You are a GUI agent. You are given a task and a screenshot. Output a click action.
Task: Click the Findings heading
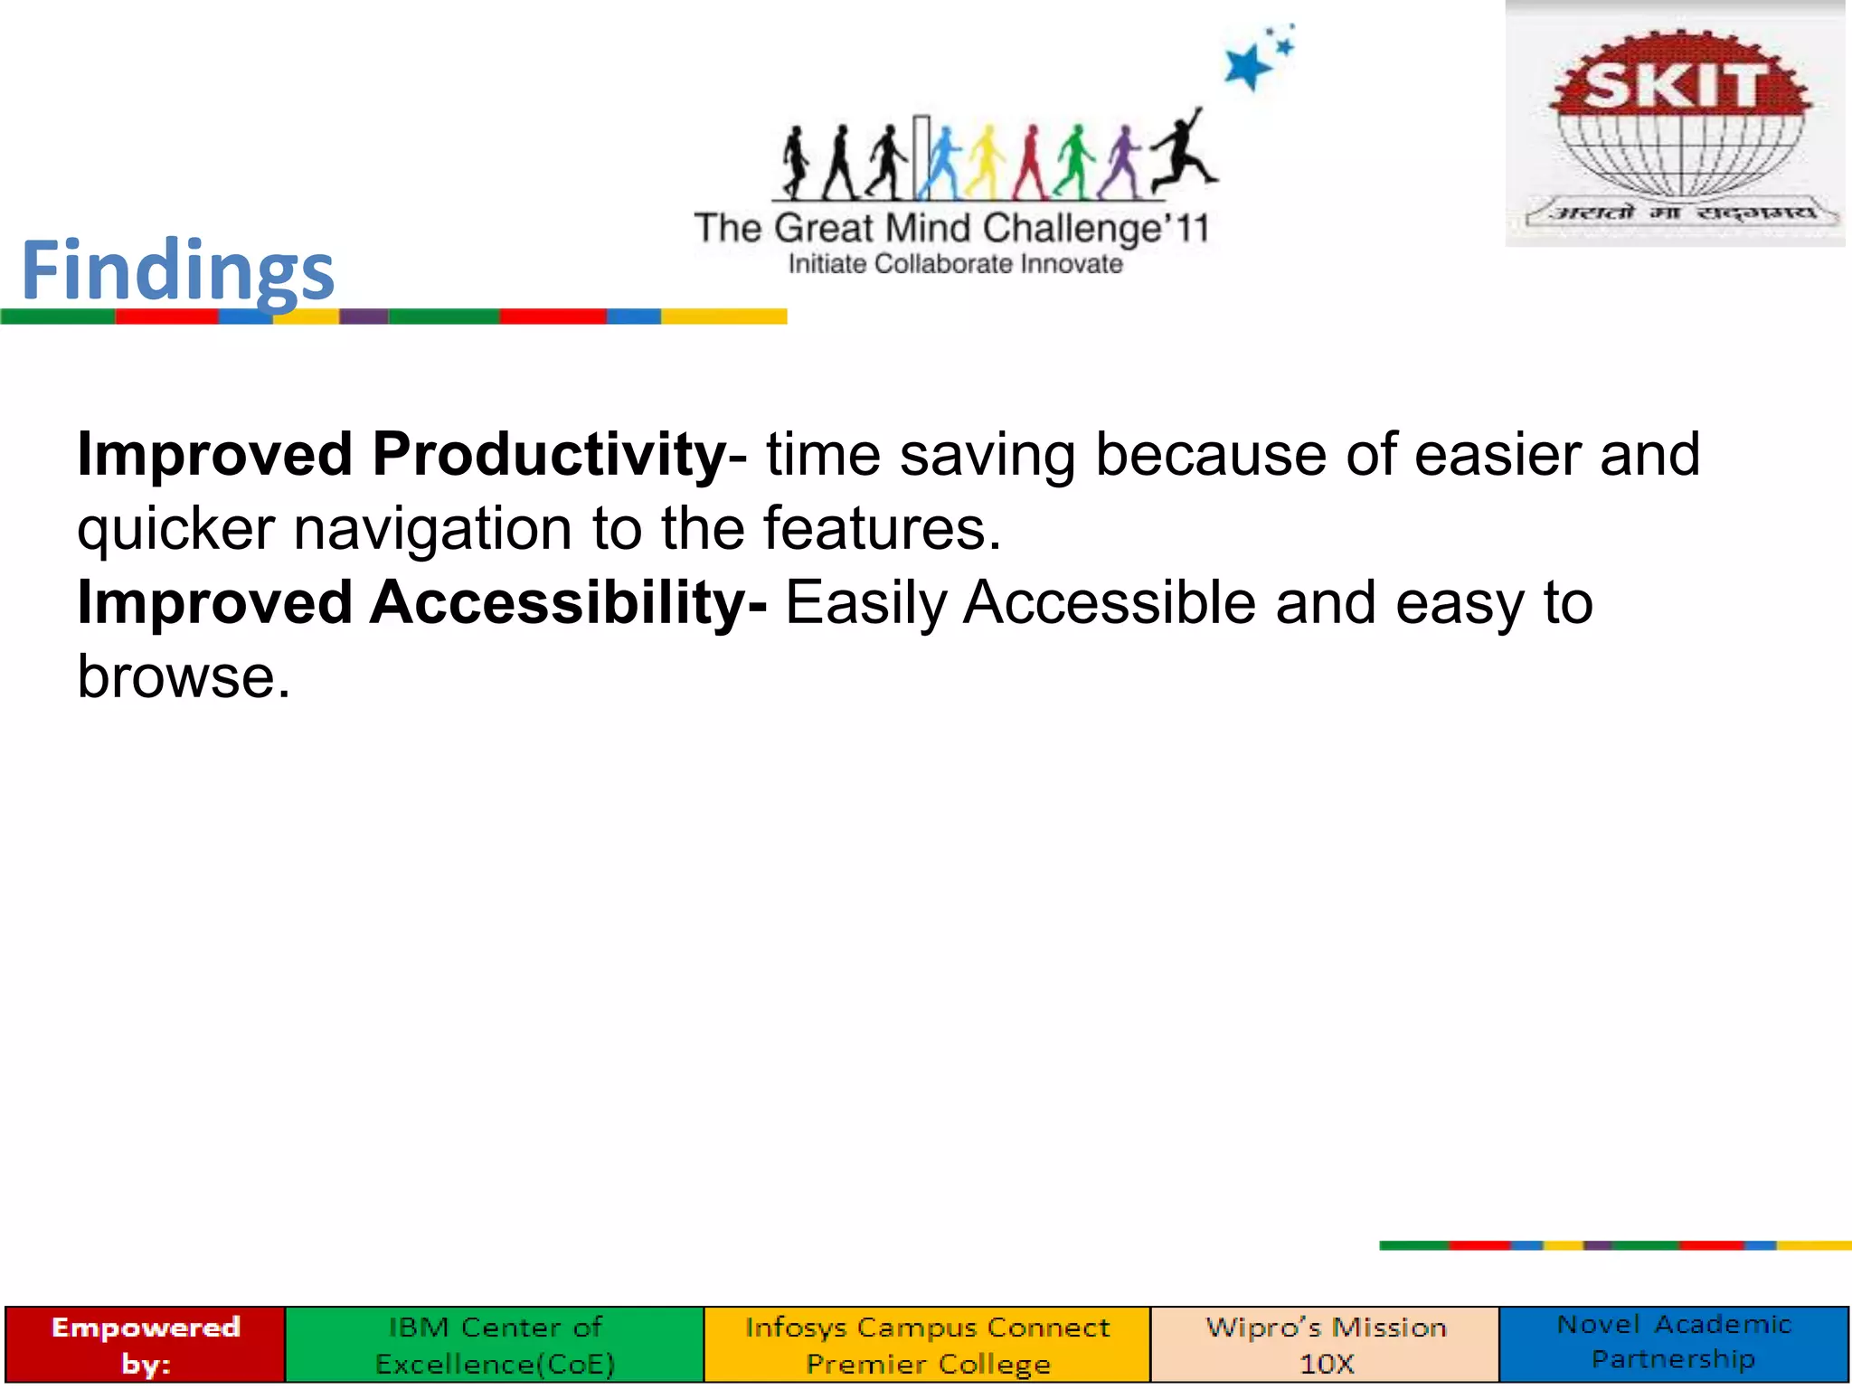point(178,270)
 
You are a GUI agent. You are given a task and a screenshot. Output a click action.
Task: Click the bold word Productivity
point(549,454)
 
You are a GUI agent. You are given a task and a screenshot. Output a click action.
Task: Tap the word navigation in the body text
point(432,528)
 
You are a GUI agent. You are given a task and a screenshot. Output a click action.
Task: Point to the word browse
point(184,676)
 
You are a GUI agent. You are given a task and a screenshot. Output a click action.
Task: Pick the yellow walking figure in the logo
point(985,164)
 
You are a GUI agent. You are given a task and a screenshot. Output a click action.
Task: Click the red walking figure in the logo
point(1031,164)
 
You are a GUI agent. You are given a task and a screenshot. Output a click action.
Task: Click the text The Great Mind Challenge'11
point(951,228)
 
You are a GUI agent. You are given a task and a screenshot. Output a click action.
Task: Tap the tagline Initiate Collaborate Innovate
point(955,264)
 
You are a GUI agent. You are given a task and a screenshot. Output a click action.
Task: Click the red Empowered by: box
point(146,1344)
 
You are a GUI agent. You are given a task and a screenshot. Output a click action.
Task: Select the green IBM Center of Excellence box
point(495,1344)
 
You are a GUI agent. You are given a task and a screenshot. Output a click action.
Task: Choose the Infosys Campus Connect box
point(927,1344)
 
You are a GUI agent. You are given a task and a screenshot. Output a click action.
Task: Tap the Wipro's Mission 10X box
point(1325,1344)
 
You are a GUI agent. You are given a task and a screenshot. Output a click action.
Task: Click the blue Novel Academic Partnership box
point(1674,1342)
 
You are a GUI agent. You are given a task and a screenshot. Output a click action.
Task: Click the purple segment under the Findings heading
point(364,317)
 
